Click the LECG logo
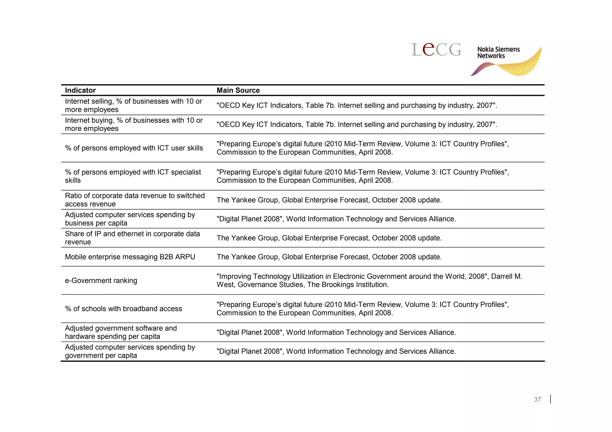(x=436, y=50)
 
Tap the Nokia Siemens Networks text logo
(x=498, y=53)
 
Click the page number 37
(x=537, y=399)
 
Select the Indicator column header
(x=80, y=90)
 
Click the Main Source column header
(x=238, y=90)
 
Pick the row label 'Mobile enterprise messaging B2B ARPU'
(x=130, y=257)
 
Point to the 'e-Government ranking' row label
(x=101, y=281)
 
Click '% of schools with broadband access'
(x=123, y=309)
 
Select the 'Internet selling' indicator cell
(x=133, y=105)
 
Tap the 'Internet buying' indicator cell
(x=134, y=124)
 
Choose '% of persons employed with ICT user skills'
(x=134, y=148)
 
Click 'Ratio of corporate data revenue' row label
(x=134, y=200)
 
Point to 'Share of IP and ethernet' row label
(x=132, y=238)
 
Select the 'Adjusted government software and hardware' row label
(x=121, y=332)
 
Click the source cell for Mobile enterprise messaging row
(x=329, y=257)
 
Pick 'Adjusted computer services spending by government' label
(x=130, y=351)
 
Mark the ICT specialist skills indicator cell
(x=133, y=176)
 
